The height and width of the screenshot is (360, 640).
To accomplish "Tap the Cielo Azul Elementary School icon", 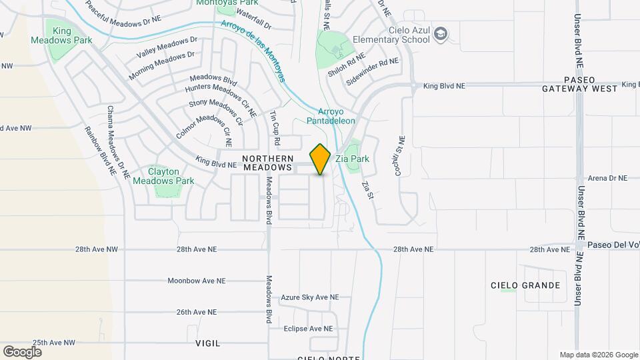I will (441, 33).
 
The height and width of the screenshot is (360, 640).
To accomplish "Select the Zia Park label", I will (353, 159).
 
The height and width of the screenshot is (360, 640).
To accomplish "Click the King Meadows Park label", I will (61, 35).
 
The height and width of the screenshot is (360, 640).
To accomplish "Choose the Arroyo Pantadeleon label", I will (331, 116).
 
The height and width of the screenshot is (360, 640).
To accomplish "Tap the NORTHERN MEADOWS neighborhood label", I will (267, 163).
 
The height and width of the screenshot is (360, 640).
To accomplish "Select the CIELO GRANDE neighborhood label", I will (525, 285).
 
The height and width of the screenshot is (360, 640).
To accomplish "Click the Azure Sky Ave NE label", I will (310, 297).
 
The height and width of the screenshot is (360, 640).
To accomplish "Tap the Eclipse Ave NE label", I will (308, 329).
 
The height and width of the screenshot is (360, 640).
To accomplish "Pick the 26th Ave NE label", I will (197, 312).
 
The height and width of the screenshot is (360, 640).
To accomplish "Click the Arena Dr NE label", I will (608, 178).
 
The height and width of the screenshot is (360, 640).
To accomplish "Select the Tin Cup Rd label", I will (275, 129).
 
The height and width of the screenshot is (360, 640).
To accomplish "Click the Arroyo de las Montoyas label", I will (254, 50).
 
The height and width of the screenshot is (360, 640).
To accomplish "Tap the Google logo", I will (22, 351).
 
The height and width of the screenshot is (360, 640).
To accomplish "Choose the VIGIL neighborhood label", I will (208, 343).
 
